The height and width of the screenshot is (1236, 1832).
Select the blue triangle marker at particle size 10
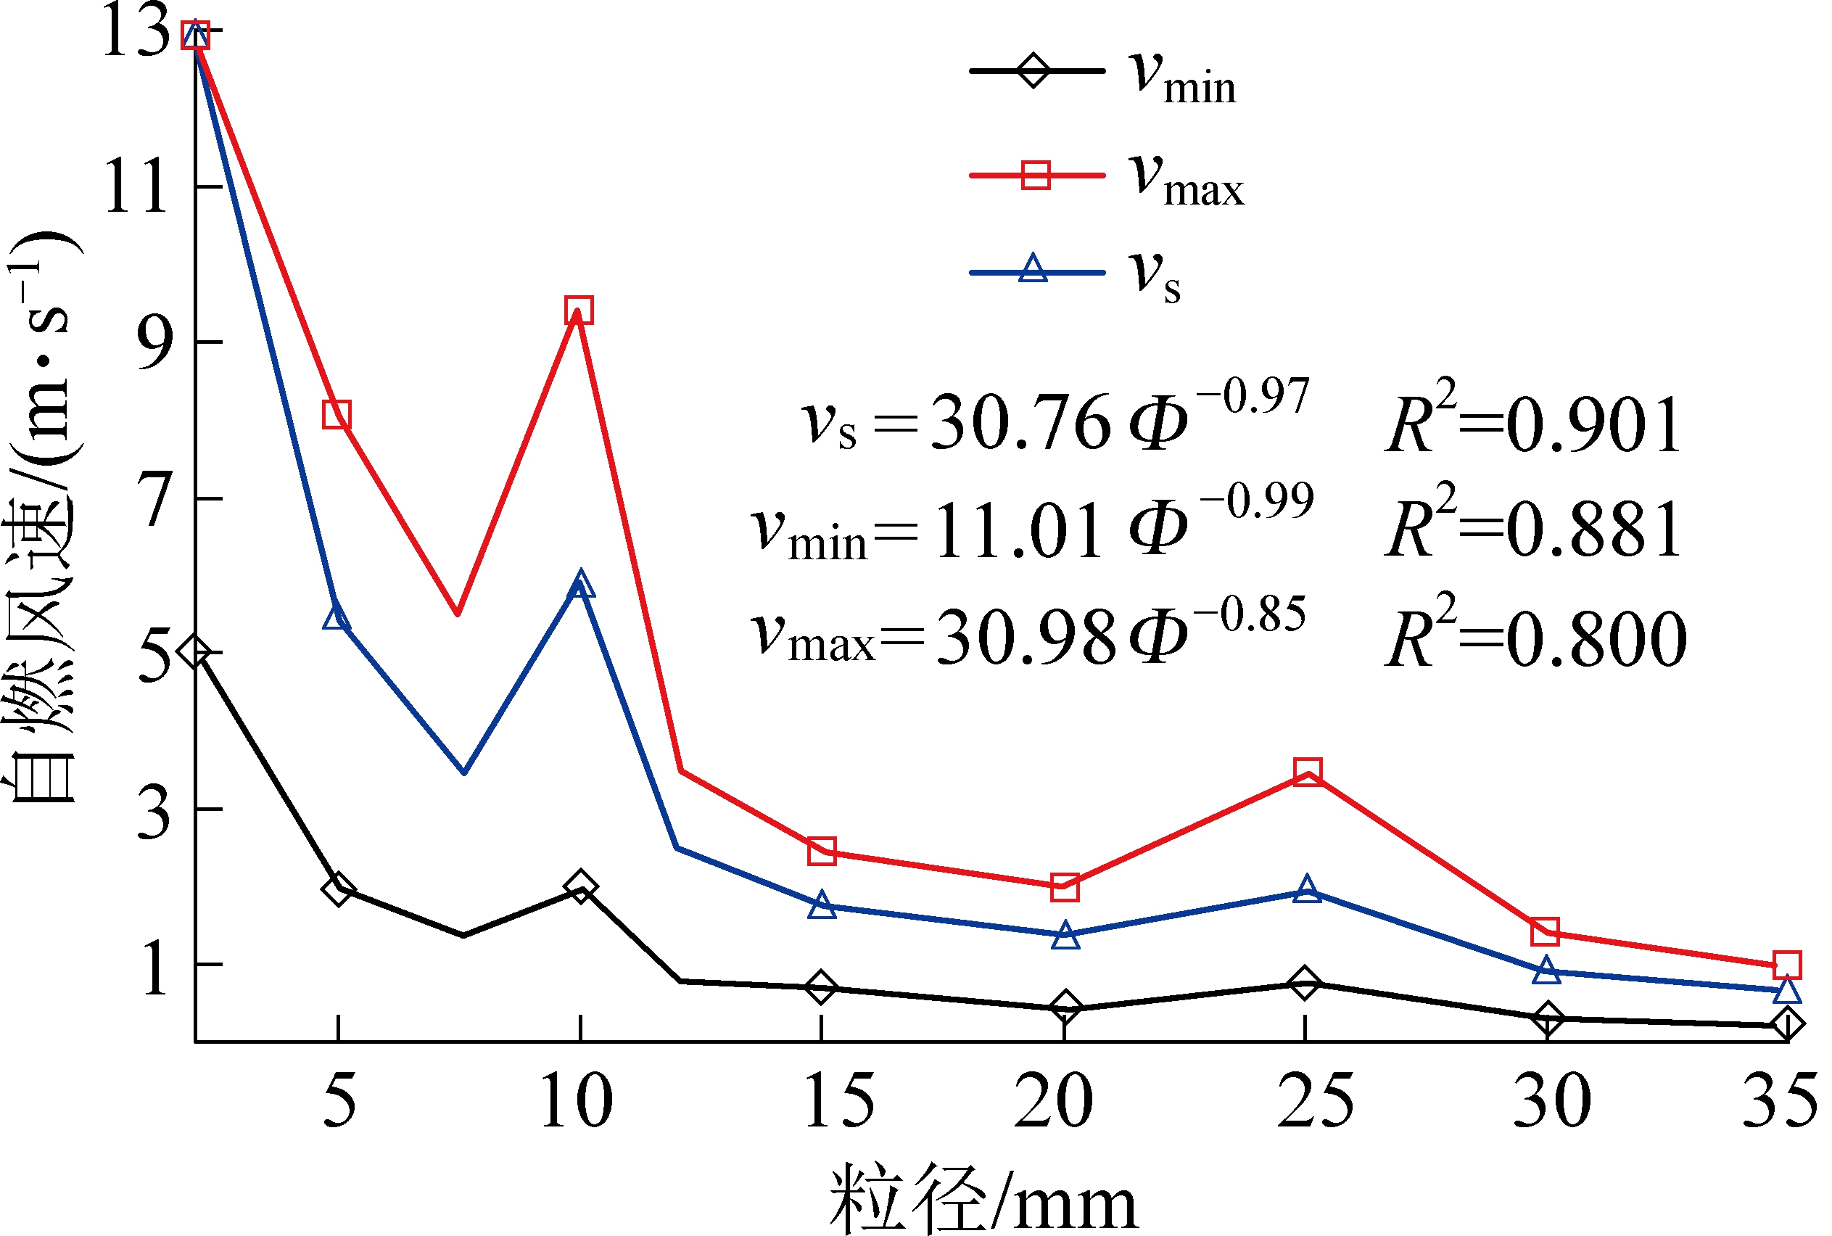(x=580, y=585)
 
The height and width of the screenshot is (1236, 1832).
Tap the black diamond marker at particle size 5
(x=338, y=890)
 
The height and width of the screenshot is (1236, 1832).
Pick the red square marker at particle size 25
(x=1306, y=771)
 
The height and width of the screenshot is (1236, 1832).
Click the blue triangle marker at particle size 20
(x=1065, y=936)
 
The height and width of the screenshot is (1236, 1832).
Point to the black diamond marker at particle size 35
(x=1786, y=1024)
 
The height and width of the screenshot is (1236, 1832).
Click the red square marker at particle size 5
(x=337, y=415)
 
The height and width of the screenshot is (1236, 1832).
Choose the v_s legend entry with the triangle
(x=1076, y=272)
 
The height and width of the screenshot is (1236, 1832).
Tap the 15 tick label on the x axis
(x=838, y=1100)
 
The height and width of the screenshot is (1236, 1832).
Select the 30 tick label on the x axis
(x=1551, y=1100)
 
